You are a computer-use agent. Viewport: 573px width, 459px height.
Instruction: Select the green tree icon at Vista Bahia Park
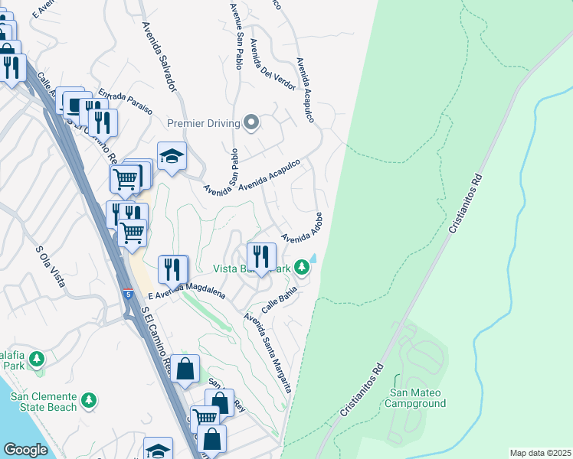tap(303, 267)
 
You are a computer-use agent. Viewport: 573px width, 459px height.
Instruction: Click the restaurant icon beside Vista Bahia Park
tap(261, 256)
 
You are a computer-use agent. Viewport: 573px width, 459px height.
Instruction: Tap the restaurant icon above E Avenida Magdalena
tap(174, 268)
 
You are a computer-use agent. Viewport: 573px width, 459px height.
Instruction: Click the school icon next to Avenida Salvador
tap(172, 156)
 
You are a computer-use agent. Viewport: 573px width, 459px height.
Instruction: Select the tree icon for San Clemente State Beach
tap(90, 400)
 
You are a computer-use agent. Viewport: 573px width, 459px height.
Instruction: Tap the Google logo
tap(26, 449)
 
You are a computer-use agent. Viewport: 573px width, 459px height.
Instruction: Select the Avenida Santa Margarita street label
tap(268, 352)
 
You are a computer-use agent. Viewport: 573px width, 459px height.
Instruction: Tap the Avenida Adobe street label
tap(302, 227)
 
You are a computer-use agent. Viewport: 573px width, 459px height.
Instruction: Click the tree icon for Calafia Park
tap(35, 358)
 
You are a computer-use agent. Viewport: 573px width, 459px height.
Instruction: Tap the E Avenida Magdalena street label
tap(186, 291)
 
